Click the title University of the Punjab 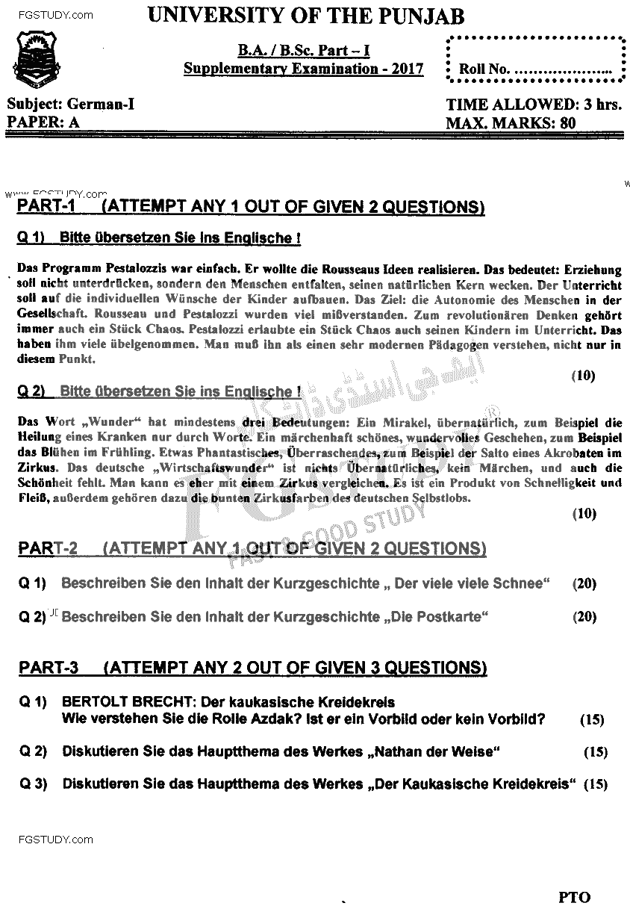click(306, 16)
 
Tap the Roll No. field click(535, 69)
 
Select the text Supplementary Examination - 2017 click(304, 69)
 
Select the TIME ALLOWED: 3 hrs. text click(533, 105)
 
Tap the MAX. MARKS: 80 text click(511, 123)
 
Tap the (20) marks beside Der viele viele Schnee click(584, 583)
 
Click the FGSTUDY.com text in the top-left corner click(49, 15)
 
